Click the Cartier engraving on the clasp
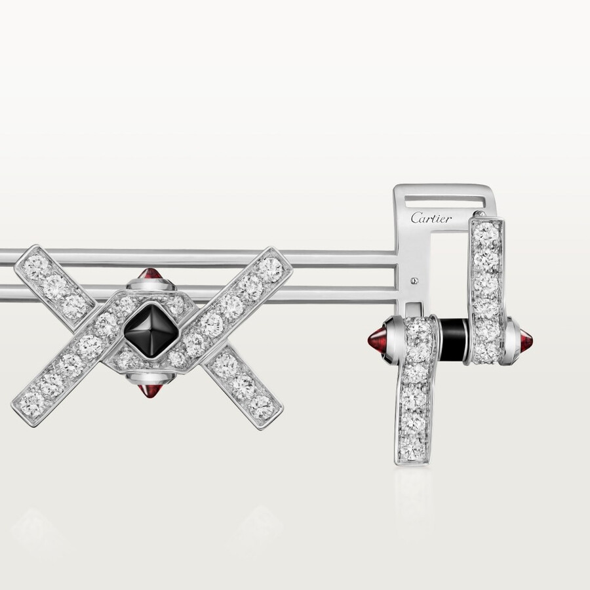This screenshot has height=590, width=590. tap(431, 218)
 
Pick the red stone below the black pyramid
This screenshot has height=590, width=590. tap(149, 391)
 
